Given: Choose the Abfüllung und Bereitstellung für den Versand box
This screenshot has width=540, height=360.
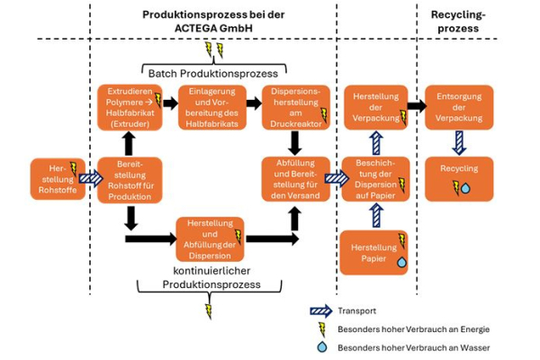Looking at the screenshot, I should pyautogui.click(x=294, y=178).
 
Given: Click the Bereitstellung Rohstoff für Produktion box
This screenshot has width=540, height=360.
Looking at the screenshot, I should pyautogui.click(x=128, y=178).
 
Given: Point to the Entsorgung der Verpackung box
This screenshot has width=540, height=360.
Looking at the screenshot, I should pyautogui.click(x=459, y=106).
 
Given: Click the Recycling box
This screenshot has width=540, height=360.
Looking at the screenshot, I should pyautogui.click(x=459, y=178).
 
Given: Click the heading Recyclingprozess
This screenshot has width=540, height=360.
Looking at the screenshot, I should pyautogui.click(x=459, y=22).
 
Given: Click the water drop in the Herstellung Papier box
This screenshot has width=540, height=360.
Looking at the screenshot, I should pyautogui.click(x=400, y=262).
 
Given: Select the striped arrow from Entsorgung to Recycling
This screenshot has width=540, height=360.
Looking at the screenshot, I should pyautogui.click(x=459, y=142).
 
